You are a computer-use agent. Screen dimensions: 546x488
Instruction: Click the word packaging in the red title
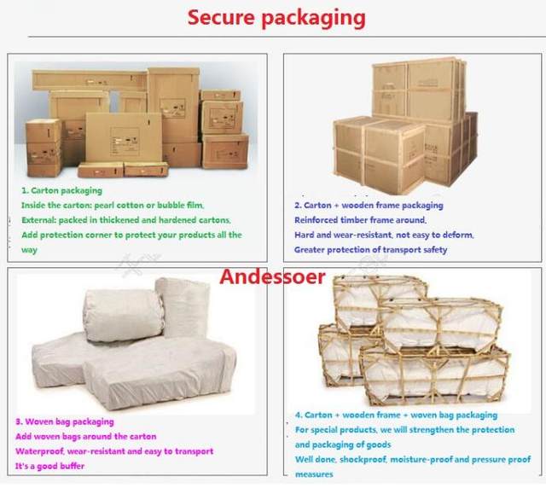pyautogui.click(x=315, y=18)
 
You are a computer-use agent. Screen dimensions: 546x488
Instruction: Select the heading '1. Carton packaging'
pyautogui.click(x=62, y=190)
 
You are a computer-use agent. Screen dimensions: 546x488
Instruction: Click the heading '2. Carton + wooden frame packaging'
pyautogui.click(x=369, y=206)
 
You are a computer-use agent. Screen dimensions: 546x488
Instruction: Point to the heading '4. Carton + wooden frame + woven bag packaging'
pyautogui.click(x=396, y=415)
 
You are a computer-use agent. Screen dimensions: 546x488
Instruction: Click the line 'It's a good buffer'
pyautogui.click(x=49, y=466)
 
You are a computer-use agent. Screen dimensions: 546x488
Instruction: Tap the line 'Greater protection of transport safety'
pyautogui.click(x=370, y=250)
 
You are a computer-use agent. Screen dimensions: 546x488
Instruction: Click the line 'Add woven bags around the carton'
pyautogui.click(x=85, y=436)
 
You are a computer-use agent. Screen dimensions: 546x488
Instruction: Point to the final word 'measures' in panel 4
pyautogui.click(x=313, y=473)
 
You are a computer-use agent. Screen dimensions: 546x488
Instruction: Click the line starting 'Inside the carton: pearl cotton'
pyautogui.click(x=113, y=205)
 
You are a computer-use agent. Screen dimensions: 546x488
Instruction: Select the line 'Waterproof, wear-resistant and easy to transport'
pyautogui.click(x=113, y=450)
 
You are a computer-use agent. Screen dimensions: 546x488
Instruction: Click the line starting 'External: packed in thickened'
pyautogui.click(x=125, y=219)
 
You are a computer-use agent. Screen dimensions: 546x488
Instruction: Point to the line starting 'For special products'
pyautogui.click(x=404, y=429)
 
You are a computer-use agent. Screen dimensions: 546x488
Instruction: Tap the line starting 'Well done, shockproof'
pyautogui.click(x=412, y=459)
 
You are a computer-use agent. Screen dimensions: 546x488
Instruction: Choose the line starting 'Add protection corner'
pyautogui.click(x=131, y=235)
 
